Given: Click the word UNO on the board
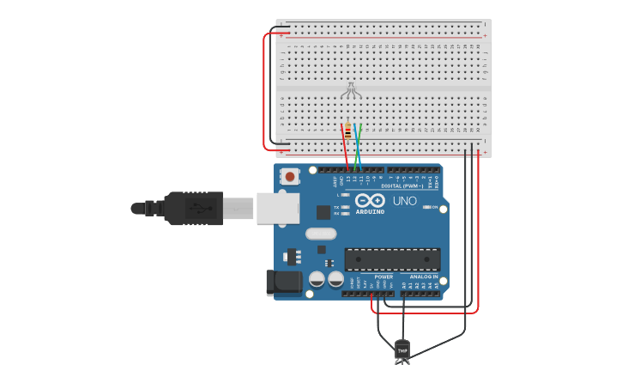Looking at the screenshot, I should tap(405, 201).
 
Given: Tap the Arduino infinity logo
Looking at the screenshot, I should tap(370, 201).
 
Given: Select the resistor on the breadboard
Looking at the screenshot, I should tap(346, 132).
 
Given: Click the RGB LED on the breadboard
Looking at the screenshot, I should tap(350, 88).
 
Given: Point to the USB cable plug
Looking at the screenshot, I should tap(194, 208).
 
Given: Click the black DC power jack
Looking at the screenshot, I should tap(287, 283).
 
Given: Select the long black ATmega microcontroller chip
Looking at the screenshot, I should tap(392, 258).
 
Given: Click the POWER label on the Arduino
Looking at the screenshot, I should tap(383, 277).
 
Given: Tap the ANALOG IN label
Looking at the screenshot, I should tap(424, 277).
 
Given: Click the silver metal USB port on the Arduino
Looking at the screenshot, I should tap(278, 208).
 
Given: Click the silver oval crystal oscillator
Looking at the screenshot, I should tap(321, 234).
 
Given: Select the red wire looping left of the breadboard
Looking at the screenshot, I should tap(265, 90).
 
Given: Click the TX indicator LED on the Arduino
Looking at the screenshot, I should tap(343, 207).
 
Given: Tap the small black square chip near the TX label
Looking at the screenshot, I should tap(323, 211).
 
